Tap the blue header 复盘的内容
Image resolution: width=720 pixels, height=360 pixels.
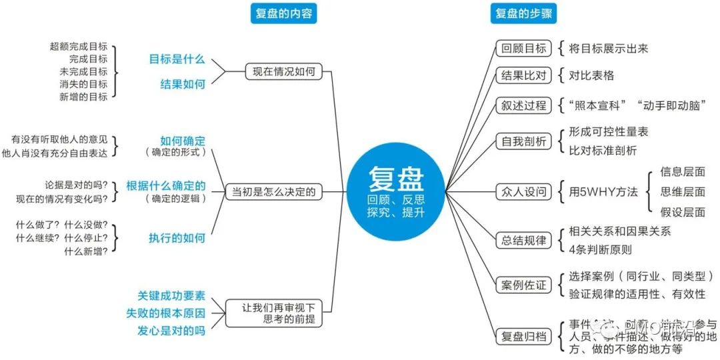pos(283,13)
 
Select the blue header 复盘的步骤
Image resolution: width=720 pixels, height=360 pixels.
pos(525,13)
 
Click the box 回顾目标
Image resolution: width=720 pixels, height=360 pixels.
pos(524,48)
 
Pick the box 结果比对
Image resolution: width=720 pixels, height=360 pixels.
pos(524,75)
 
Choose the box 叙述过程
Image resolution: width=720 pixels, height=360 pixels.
pos(524,105)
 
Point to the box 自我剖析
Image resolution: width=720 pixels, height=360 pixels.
pos(524,141)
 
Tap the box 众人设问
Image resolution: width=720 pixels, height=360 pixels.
pos(524,192)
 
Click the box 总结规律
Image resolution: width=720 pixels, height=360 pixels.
pos(524,241)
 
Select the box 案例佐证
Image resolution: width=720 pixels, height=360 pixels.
pos(524,285)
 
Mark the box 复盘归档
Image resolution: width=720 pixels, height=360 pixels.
pos(524,337)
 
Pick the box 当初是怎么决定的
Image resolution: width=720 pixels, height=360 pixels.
pos(273,193)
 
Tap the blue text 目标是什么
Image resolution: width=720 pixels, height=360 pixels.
pos(177,59)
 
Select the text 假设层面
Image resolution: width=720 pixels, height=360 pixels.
pos(682,212)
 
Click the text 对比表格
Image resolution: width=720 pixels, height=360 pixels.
pos(591,75)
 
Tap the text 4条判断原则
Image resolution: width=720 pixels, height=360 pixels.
pos(600,250)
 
